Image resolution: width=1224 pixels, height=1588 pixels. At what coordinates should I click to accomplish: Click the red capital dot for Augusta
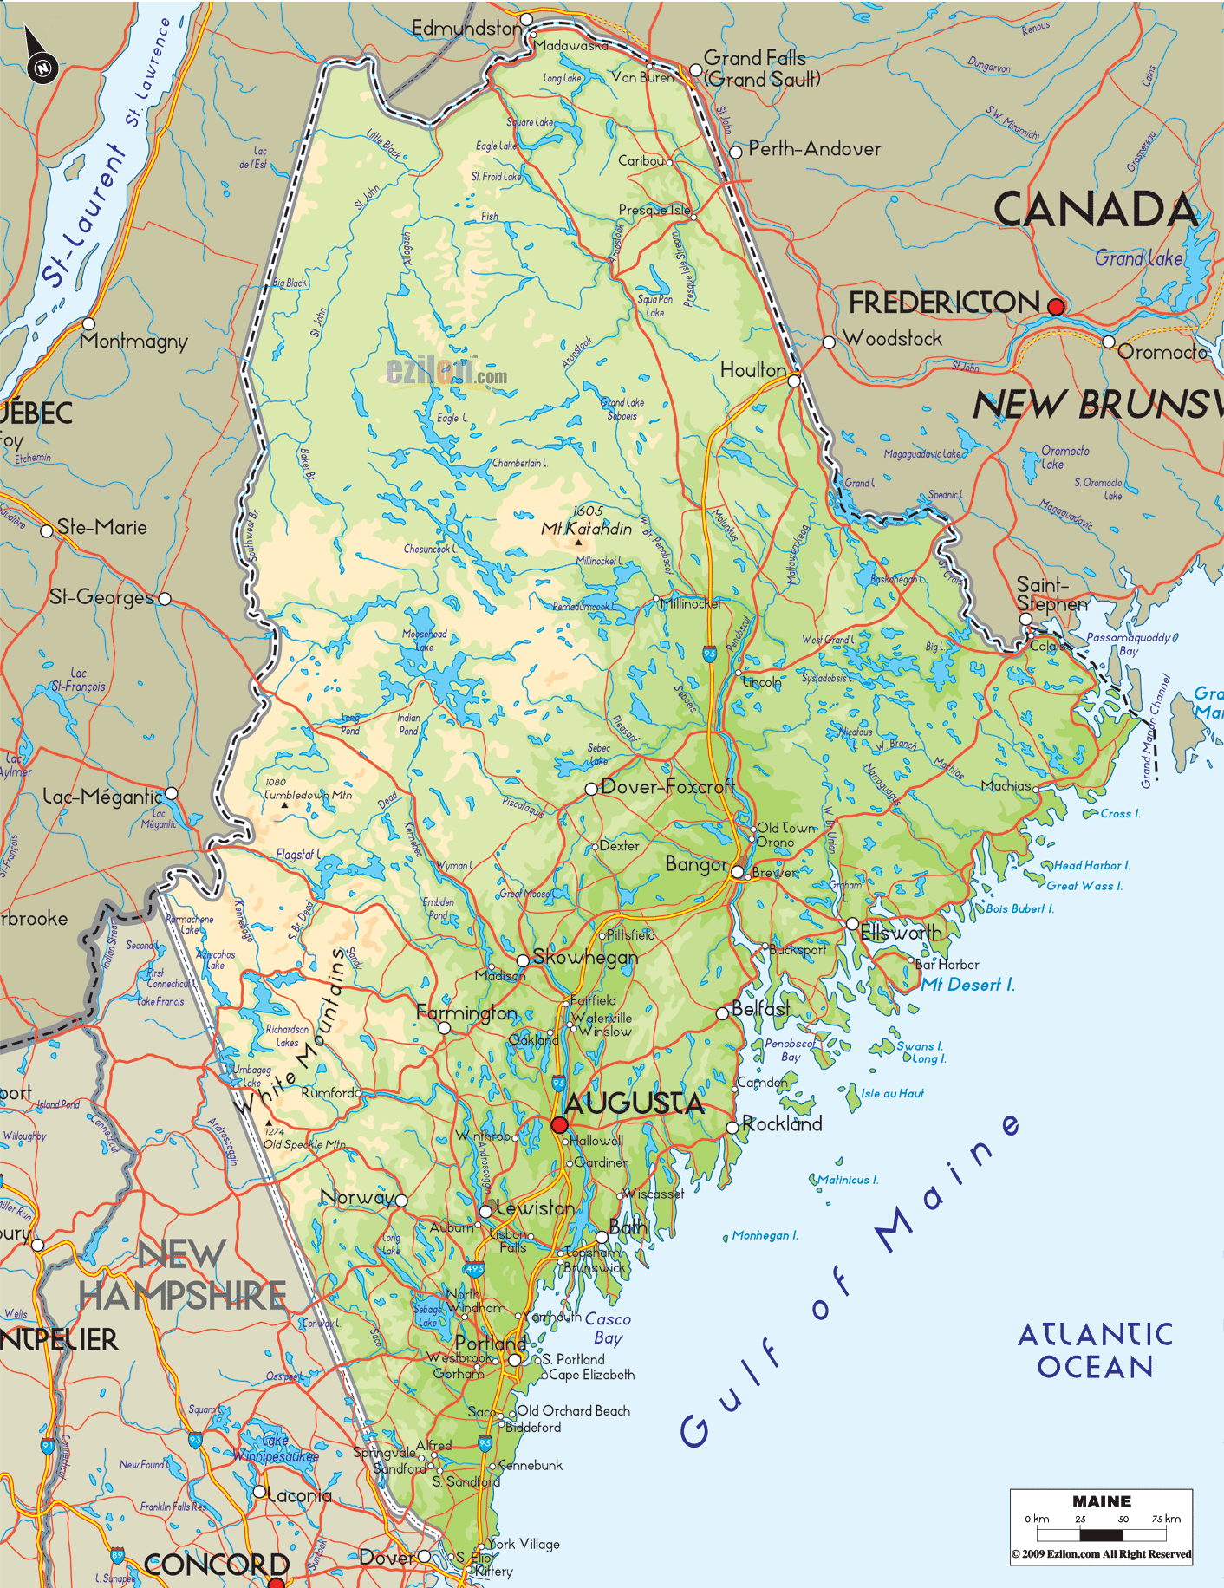pos(559,1124)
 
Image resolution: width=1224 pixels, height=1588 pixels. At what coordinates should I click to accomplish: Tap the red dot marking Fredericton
pos(1056,306)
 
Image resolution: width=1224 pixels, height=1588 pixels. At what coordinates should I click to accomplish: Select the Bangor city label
pos(696,864)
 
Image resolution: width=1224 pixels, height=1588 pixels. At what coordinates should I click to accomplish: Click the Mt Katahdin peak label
pos(587,528)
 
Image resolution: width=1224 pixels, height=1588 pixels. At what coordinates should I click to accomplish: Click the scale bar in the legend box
pos(1101,1535)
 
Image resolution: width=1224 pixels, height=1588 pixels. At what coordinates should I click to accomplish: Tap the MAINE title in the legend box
pos(1101,1501)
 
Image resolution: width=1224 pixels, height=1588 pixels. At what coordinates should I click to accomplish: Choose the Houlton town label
pos(752,370)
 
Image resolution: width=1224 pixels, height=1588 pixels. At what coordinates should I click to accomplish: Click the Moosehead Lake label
pos(424,640)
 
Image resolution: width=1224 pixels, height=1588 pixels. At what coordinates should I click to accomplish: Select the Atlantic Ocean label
pos(1095,1350)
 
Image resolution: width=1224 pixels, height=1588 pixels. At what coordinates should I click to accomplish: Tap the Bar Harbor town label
pos(947,964)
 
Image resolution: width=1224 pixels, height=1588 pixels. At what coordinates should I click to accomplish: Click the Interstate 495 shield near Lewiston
pos(474,1269)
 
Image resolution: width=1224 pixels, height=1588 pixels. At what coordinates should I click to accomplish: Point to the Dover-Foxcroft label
pos(667,786)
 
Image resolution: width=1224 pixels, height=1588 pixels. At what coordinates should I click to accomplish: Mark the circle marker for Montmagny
pos(88,323)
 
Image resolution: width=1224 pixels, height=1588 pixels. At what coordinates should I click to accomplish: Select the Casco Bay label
pos(608,1328)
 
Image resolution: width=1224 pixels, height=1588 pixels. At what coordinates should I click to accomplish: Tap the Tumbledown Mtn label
pos(308,794)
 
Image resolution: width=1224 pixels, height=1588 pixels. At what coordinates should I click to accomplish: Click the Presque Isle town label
pos(654,210)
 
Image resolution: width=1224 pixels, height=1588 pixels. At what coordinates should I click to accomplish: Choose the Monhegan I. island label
pos(765,1235)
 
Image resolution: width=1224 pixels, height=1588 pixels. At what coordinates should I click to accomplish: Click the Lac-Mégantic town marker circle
pos(172,793)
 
